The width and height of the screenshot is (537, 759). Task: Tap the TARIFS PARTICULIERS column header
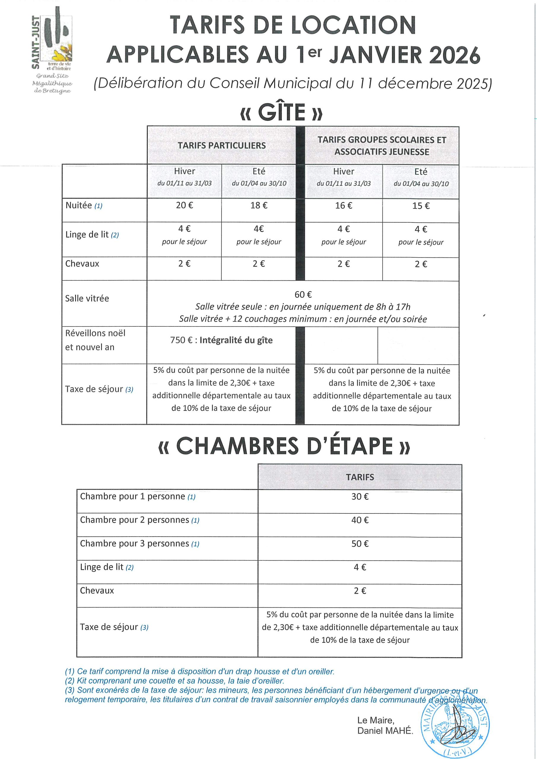pos(221,146)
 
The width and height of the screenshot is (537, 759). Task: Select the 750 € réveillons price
pos(181,340)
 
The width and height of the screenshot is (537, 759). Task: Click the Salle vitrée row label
pos(87,299)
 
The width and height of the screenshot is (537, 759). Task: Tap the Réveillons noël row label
pos(95,333)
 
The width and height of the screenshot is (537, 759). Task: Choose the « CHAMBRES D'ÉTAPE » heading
pos(284,446)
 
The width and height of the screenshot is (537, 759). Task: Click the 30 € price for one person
pos(360,497)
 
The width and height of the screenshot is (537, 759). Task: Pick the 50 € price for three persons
pos(360,544)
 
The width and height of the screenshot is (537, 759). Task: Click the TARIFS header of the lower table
pos(360,477)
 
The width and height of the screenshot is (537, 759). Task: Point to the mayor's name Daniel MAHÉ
pos(385,731)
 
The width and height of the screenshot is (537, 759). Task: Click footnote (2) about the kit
pos(174,681)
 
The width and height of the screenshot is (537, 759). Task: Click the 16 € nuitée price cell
pos(344,206)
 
